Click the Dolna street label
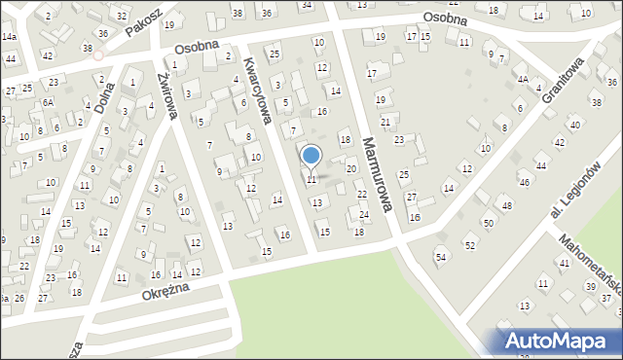(104, 94)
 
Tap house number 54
(440, 257)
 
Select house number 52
(470, 245)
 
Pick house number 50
(489, 225)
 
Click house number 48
(506, 205)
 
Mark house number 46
(524, 182)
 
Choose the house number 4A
(522, 80)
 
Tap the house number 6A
(46, 102)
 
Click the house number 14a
(9, 36)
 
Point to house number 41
(564, 264)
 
